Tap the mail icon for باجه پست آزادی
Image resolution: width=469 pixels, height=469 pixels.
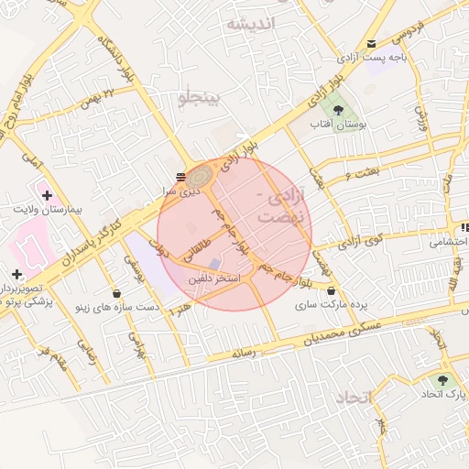[371, 43]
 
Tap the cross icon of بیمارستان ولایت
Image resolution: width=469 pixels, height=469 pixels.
[47, 195]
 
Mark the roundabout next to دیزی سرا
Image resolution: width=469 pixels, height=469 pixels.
[201, 174]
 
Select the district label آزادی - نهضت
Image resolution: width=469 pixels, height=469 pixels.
[278, 208]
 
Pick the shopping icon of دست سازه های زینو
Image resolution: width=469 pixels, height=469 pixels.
[117, 293]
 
